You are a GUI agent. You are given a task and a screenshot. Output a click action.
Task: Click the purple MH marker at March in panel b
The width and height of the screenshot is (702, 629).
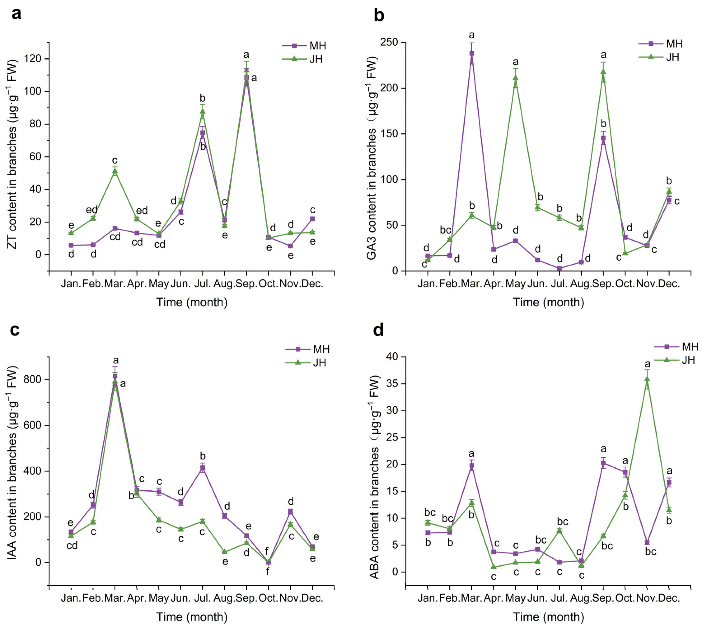pos(471,53)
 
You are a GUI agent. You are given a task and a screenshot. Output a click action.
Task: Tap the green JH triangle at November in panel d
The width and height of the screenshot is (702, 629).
pos(647,379)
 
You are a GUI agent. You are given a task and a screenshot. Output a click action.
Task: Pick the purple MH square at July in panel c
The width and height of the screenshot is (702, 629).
pos(203,468)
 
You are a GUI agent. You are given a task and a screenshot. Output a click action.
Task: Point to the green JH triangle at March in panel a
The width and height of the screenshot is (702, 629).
pos(115,171)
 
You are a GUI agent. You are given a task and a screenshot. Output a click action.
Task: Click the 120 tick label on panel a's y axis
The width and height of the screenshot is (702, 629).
pos(33,59)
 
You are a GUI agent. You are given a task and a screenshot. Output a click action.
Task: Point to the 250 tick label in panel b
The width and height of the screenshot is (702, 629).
pos(389,42)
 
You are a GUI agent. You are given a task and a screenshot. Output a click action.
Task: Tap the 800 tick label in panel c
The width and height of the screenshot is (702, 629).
pos(33,380)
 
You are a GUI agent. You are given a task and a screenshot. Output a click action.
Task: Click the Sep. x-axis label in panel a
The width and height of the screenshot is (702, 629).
pos(246,284)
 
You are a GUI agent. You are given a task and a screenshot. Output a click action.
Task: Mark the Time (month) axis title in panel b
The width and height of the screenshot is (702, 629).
pos(548,302)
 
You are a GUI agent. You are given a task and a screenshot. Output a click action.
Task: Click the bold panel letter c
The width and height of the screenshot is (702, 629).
pos(15,330)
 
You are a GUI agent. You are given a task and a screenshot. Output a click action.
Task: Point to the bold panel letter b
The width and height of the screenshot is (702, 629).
pos(379,16)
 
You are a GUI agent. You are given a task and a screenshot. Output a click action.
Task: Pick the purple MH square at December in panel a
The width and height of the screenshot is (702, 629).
pos(312,219)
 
